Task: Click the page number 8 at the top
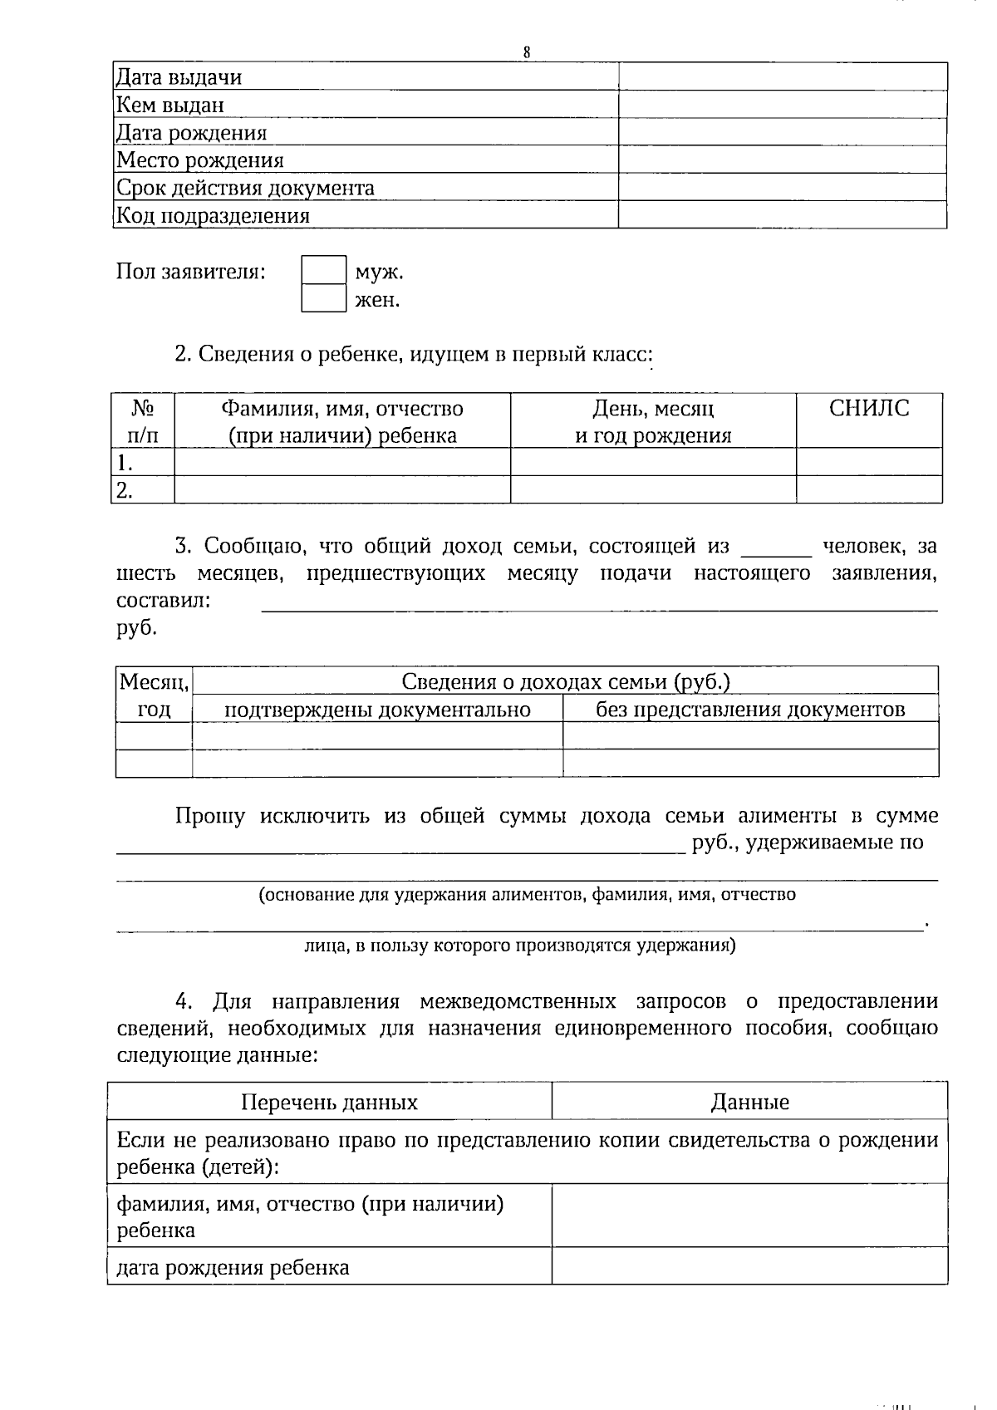[527, 52]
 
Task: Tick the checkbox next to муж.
[323, 271]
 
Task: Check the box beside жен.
[323, 298]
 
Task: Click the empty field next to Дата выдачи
[782, 77]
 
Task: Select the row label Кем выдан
[169, 105]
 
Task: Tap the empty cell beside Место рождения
[782, 160]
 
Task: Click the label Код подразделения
[213, 216]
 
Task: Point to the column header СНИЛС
[869, 408]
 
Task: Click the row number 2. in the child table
[125, 490]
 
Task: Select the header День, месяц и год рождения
[653, 421]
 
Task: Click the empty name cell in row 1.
[342, 462]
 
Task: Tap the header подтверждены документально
[377, 710]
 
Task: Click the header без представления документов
[750, 710]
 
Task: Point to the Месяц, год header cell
[154, 695]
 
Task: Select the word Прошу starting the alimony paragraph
[209, 816]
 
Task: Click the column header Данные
[749, 1103]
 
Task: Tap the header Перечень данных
[329, 1103]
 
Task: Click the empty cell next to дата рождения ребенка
[749, 1266]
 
